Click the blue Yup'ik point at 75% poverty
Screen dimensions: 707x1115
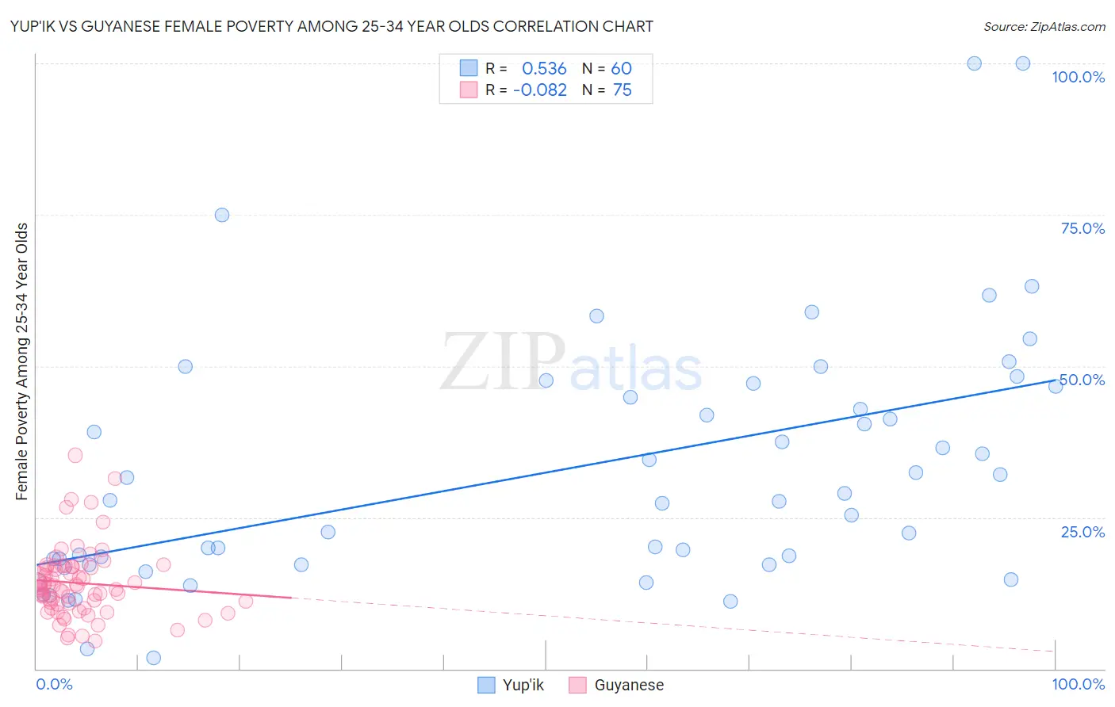pos(222,215)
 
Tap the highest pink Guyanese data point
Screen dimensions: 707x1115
pos(75,455)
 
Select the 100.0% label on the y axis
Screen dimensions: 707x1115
pos(1078,77)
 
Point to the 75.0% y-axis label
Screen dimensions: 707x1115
pos(1082,228)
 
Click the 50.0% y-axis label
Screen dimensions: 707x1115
pos(1082,380)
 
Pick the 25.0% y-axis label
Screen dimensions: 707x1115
pos(1082,532)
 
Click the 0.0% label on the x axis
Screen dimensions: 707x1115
pos(54,684)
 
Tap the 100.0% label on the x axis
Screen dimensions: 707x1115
pos(1078,684)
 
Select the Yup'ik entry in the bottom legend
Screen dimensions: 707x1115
pos(523,685)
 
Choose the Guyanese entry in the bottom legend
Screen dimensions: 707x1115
pos(629,685)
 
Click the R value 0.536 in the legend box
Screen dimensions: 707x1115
pos(544,68)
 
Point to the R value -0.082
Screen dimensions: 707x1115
pos(540,90)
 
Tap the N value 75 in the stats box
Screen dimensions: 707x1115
pos(623,90)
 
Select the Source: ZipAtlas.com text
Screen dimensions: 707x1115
pos(1044,26)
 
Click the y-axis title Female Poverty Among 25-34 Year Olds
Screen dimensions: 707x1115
pos(22,361)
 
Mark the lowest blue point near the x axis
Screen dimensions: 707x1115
pos(154,658)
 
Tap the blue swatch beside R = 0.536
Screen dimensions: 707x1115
pos(469,68)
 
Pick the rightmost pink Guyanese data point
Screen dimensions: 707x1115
pos(246,602)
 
